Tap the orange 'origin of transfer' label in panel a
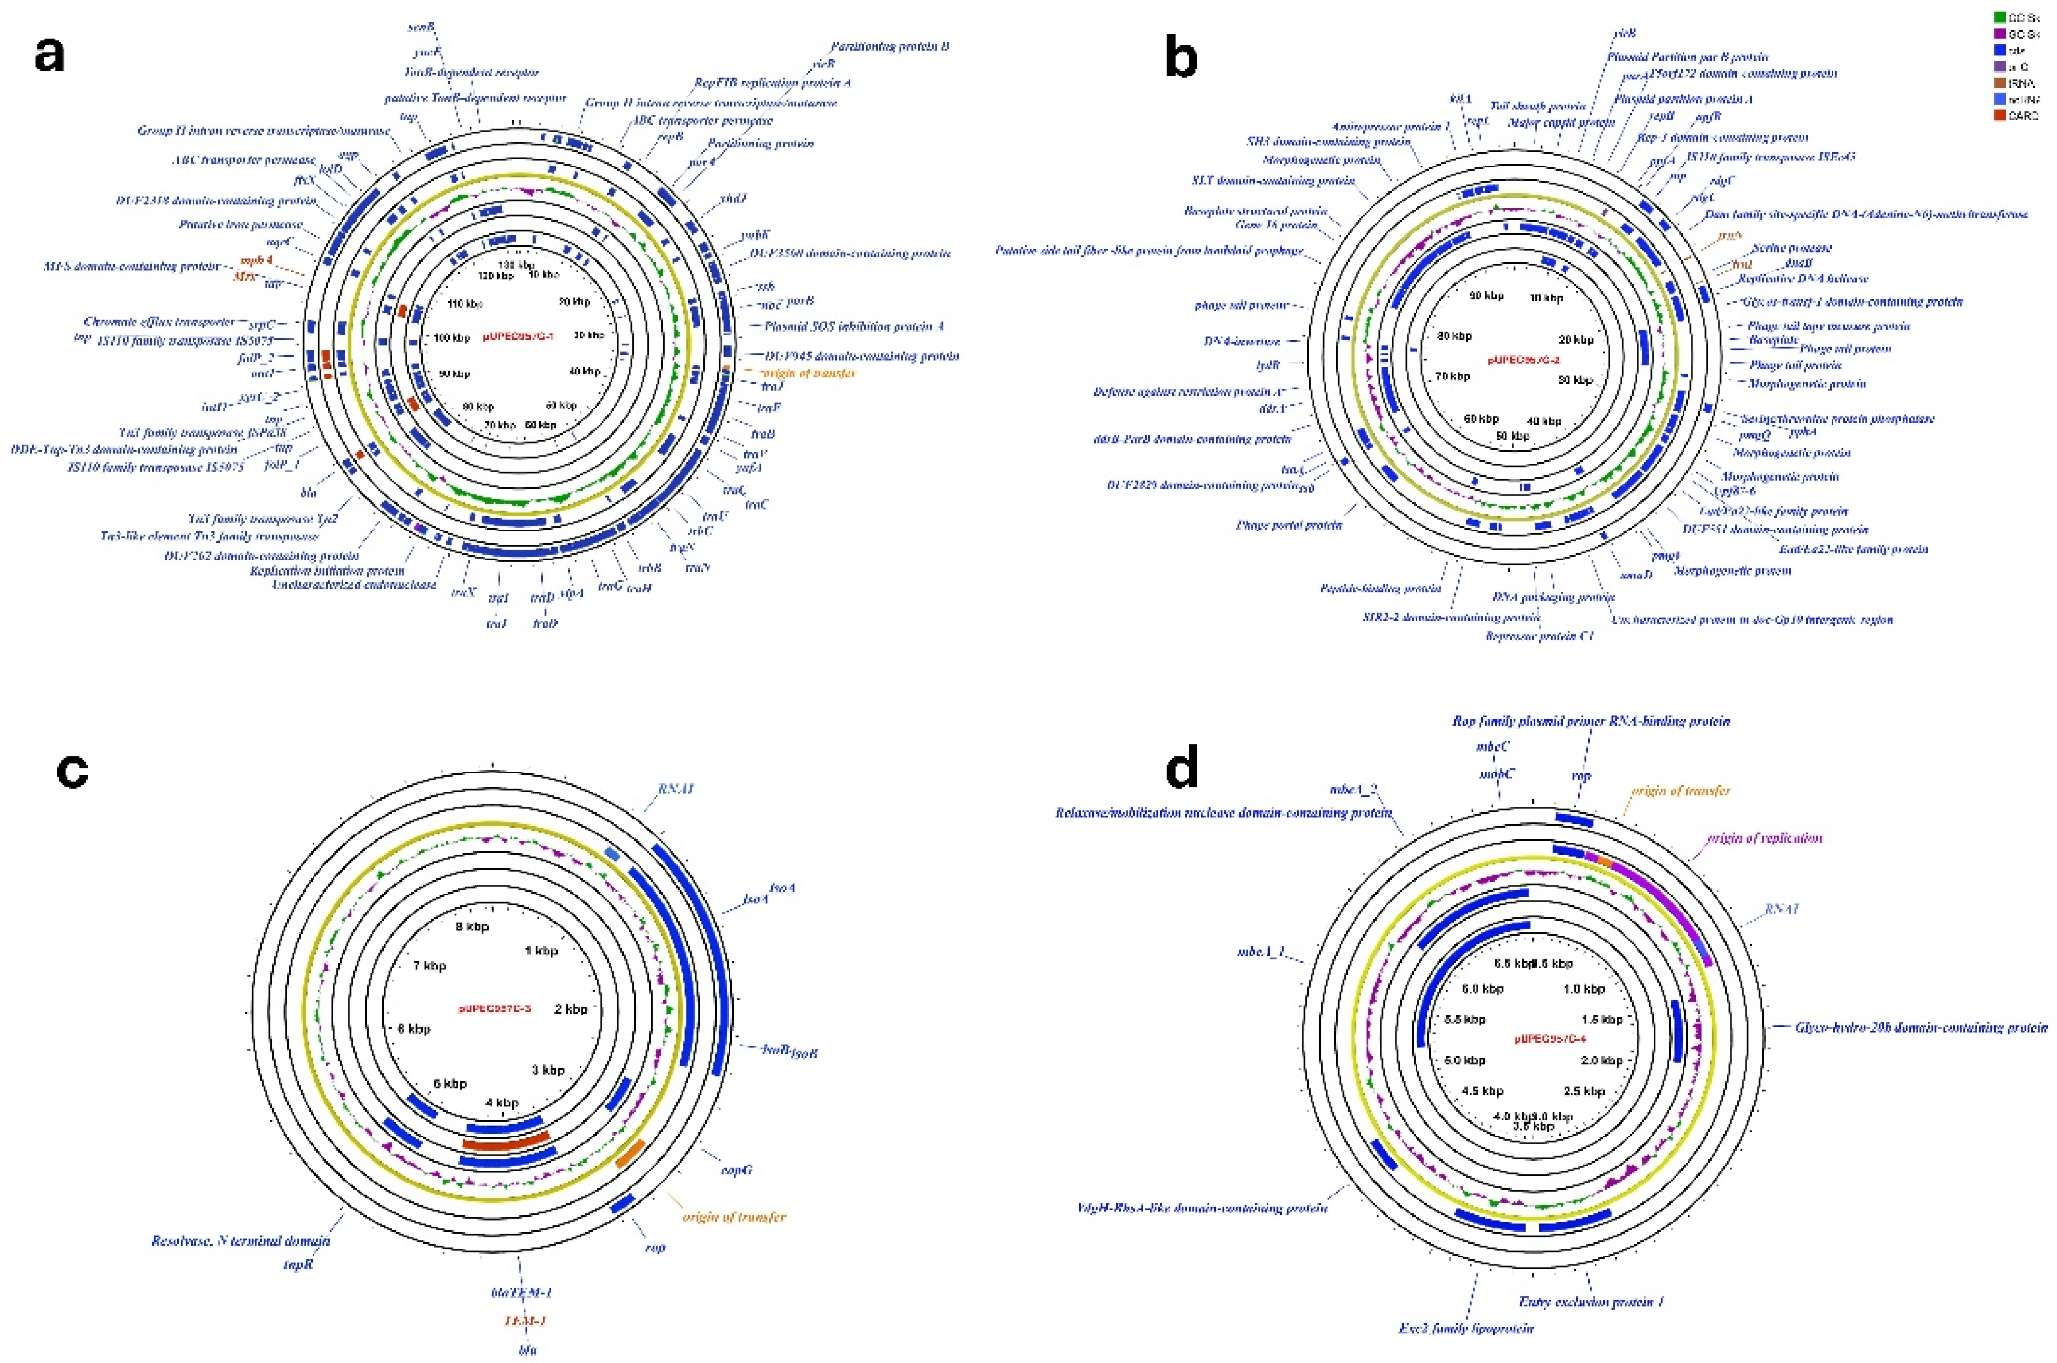coord(808,373)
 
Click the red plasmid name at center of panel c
coord(494,1008)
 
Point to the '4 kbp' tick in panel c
coord(502,1103)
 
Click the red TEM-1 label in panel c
coord(525,1320)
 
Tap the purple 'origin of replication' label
coord(1764,838)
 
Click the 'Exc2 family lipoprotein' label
coord(1466,1328)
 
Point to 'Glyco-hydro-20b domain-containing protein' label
coord(1921,1027)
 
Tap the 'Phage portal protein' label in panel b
coord(1289,525)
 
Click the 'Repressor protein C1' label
coord(1539,636)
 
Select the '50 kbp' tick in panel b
coord(1512,435)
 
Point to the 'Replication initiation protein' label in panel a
coord(327,571)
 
